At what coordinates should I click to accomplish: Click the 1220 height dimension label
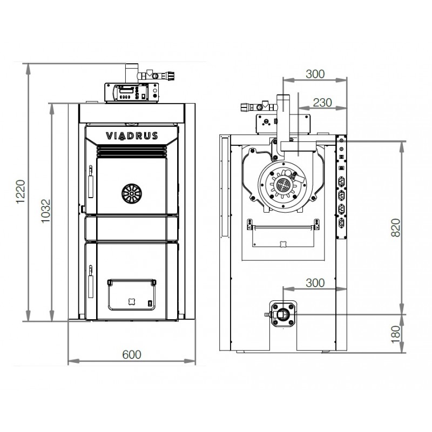(x=21, y=192)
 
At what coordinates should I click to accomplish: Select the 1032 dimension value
(x=46, y=211)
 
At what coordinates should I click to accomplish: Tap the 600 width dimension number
(x=132, y=355)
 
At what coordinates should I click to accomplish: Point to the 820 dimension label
(x=396, y=227)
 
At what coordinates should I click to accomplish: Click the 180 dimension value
(x=396, y=334)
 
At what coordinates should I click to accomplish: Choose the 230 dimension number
(x=322, y=103)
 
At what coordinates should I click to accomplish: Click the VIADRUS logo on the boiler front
(x=132, y=136)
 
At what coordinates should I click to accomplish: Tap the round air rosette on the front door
(x=132, y=194)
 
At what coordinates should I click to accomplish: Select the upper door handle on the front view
(x=90, y=181)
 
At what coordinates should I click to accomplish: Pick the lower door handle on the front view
(x=90, y=281)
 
